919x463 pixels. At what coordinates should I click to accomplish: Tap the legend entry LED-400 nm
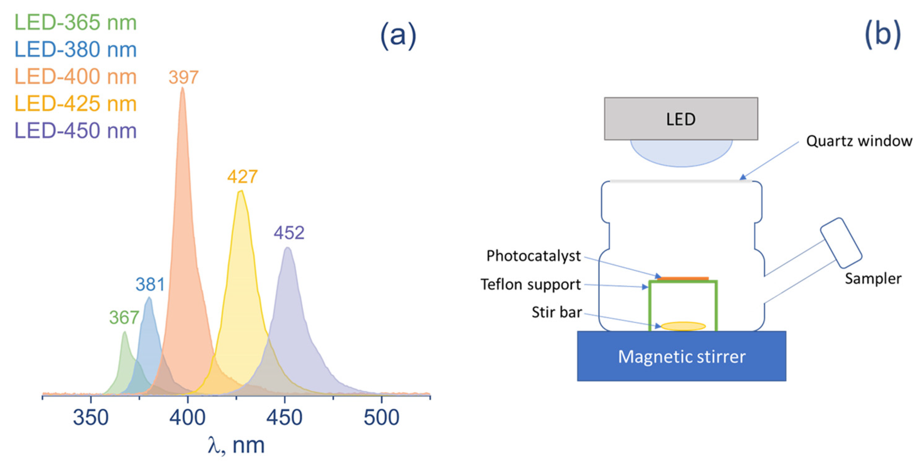coord(75,76)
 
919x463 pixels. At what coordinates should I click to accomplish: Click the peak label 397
coord(183,77)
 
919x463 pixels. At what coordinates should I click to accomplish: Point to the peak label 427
coord(242,177)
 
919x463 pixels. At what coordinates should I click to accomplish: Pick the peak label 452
coord(289,233)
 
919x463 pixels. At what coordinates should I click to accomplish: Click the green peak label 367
coord(124,317)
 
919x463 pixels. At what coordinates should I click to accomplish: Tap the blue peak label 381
coord(150,284)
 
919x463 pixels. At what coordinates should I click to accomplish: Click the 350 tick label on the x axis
coord(91,417)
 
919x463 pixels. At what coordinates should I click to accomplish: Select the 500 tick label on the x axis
coord(381,417)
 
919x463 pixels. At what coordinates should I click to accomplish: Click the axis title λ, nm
coord(236,445)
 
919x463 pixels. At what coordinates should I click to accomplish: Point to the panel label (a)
coord(398,36)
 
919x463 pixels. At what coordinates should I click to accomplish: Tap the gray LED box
coord(681,119)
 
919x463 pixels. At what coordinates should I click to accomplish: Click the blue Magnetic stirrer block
coord(681,356)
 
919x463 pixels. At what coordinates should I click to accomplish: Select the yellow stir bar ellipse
coord(683,326)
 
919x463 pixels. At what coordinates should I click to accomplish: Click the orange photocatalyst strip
coord(683,279)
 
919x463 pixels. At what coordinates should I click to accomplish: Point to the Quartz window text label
coord(859,141)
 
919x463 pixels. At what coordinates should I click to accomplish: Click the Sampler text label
coord(873,279)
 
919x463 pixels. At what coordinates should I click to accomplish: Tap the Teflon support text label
coord(531,284)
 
